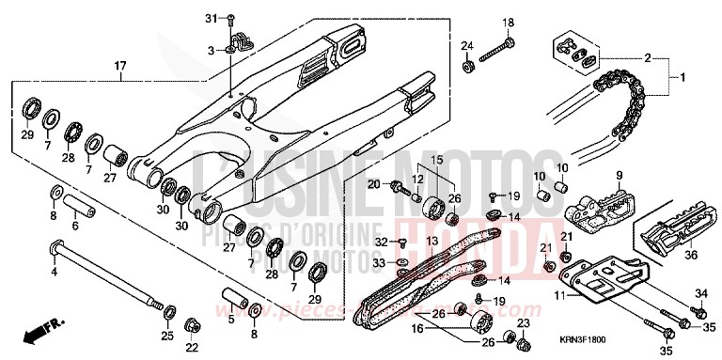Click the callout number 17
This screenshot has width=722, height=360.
tap(120, 65)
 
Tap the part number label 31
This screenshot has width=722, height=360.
tap(211, 18)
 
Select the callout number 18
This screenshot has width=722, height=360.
tap(508, 23)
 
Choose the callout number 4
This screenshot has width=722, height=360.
tap(54, 271)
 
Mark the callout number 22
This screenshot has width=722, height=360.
tap(192, 348)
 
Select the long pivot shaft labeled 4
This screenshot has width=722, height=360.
tap(103, 276)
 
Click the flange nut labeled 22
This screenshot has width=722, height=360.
tap(191, 325)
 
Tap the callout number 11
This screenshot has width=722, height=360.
tap(558, 296)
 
